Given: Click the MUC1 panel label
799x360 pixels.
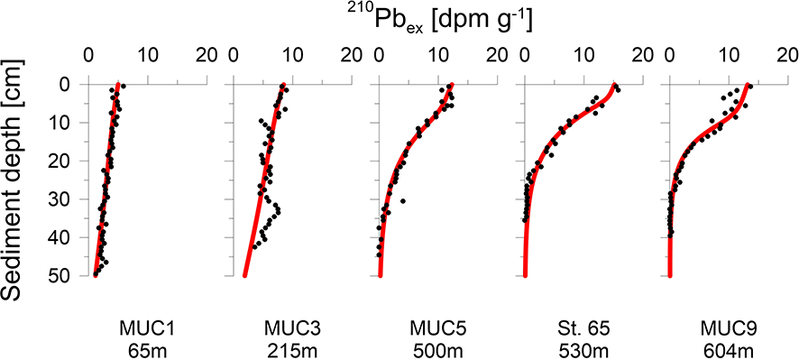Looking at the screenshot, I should tap(147, 325).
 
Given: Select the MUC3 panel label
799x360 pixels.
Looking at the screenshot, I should tap(293, 325).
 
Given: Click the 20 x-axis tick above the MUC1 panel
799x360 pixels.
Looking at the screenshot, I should tap(207, 53).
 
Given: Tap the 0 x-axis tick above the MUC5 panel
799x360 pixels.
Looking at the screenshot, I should tap(380, 53).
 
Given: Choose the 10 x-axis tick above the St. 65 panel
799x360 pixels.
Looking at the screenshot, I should tap(584, 53).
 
